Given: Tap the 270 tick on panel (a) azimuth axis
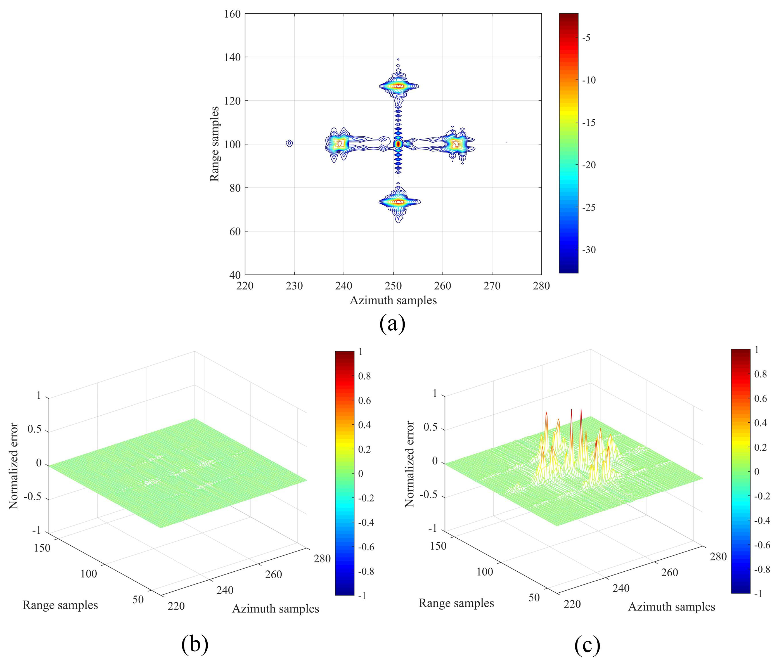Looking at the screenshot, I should pyautogui.click(x=492, y=286).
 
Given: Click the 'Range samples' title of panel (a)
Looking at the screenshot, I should pyautogui.click(x=214, y=144).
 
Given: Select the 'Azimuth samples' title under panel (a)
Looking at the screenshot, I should pyautogui.click(x=393, y=300).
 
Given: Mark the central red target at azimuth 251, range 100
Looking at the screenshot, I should pyautogui.click(x=398, y=144).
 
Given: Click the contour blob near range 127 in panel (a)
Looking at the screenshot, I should pyautogui.click(x=398, y=86).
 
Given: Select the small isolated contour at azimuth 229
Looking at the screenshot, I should pyautogui.click(x=289, y=144).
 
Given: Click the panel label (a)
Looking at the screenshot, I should pyautogui.click(x=392, y=323).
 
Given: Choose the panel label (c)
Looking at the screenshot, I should pyautogui.click(x=587, y=645).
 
